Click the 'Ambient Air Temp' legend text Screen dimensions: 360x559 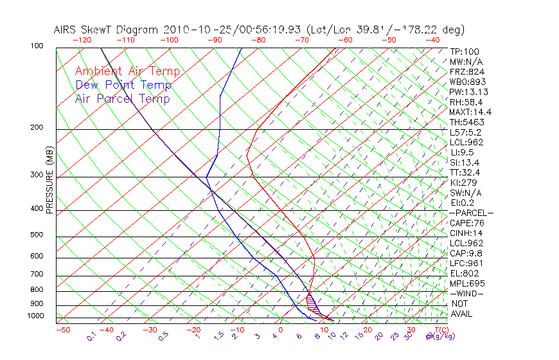tap(127, 71)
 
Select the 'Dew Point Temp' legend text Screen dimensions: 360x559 tap(123, 85)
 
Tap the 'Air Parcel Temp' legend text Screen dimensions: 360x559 tap(122, 98)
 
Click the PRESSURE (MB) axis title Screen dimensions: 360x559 tap(49, 183)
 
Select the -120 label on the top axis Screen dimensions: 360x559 tap(82, 39)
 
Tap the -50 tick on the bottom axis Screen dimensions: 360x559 tap(62, 330)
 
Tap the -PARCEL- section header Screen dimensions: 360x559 tap(471, 212)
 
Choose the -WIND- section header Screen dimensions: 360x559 tap(466, 293)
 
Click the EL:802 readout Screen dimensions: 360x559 tap(464, 273)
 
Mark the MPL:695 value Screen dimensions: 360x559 tap(467, 283)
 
